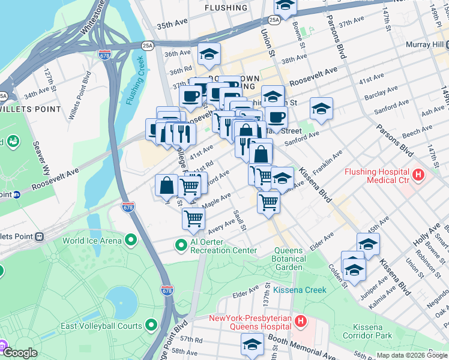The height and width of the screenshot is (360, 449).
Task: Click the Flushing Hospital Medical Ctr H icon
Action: click(418, 176)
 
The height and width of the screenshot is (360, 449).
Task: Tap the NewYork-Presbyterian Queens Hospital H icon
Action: click(301, 322)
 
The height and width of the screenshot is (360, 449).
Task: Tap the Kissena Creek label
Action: click(300, 290)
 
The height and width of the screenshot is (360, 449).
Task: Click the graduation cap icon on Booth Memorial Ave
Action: click(252, 344)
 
